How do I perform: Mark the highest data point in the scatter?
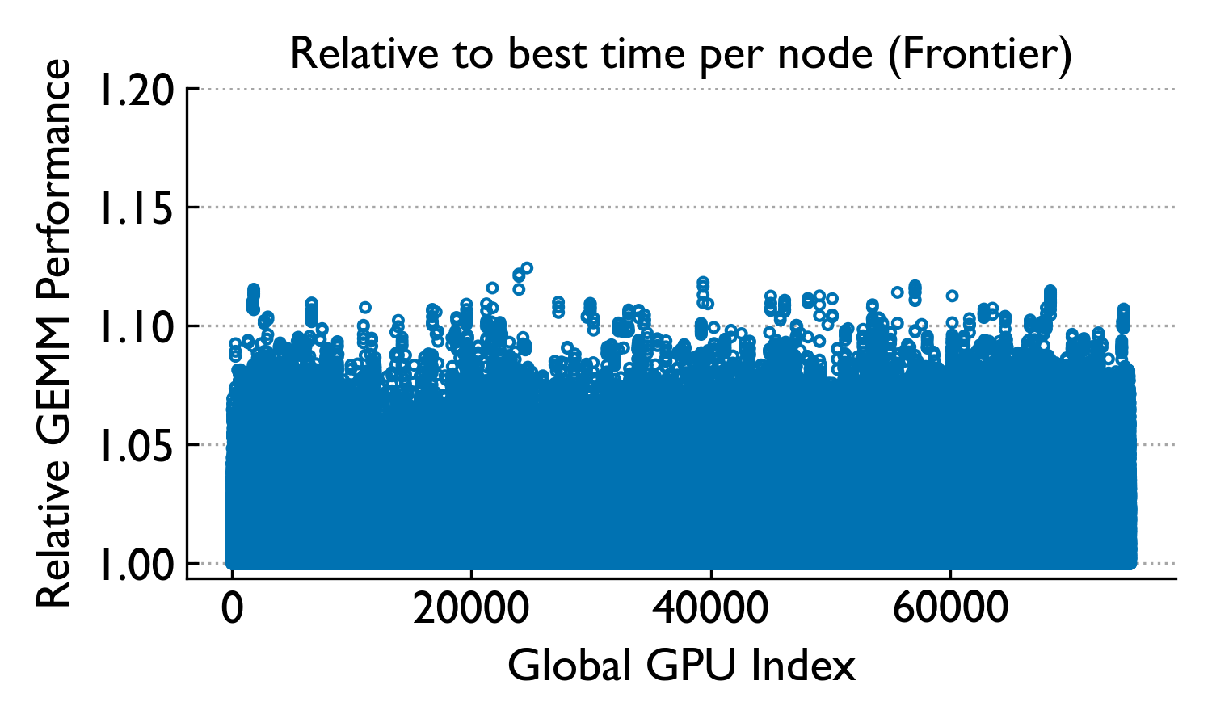(527, 267)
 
